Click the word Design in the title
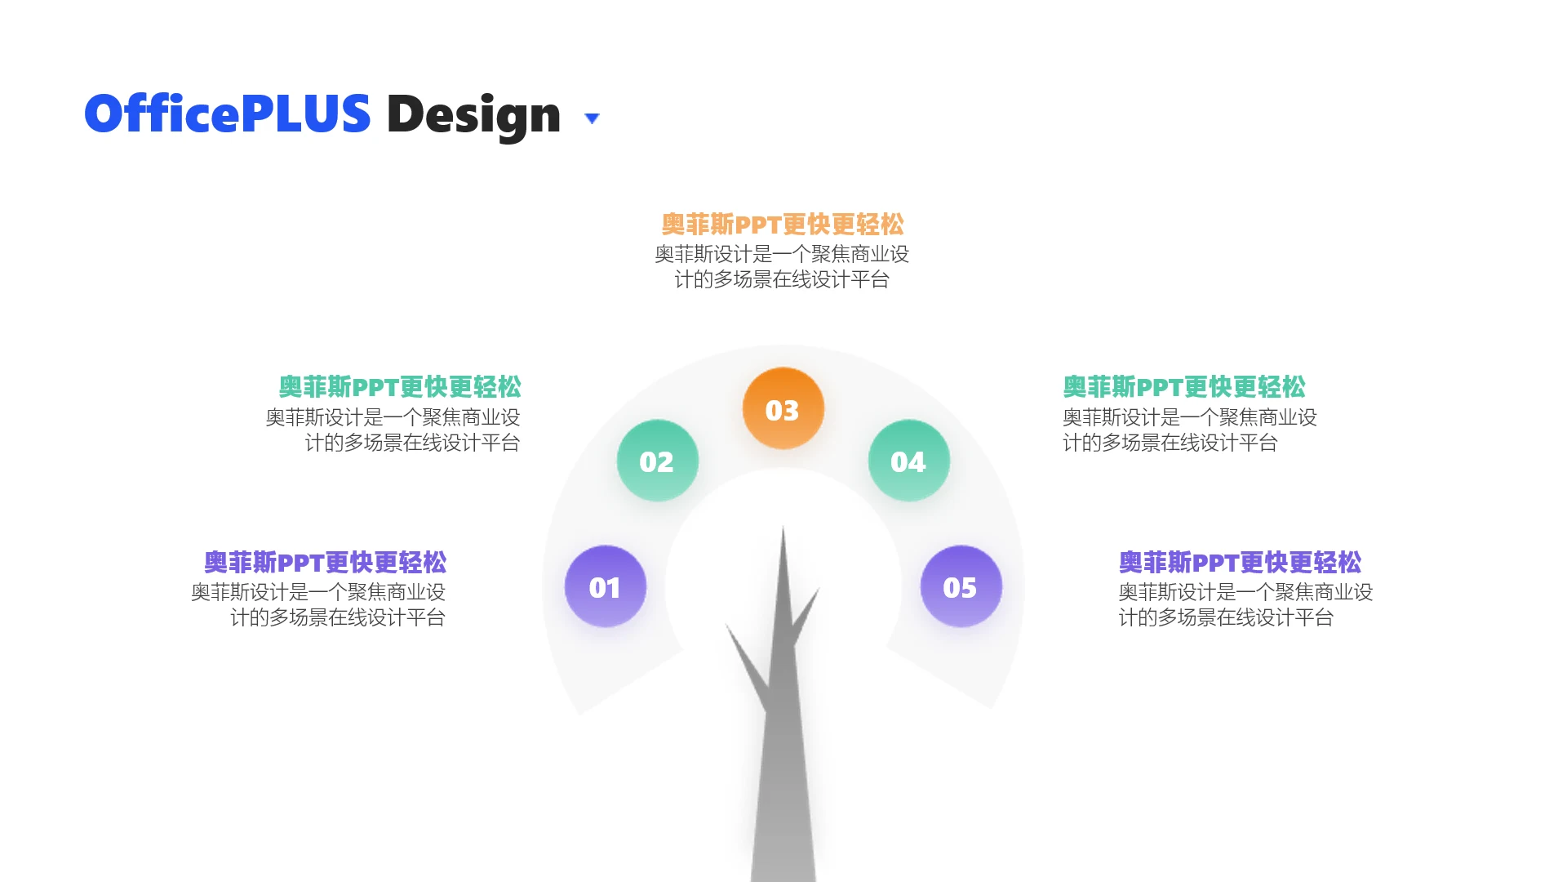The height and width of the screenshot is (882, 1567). [473, 115]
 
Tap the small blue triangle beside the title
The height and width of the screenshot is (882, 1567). [593, 118]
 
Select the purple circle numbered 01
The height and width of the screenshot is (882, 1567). [606, 586]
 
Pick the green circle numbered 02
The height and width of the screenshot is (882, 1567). [658, 461]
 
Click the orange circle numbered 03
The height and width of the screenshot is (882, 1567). [783, 408]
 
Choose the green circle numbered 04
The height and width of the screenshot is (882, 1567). [909, 461]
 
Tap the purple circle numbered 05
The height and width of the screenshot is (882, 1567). [961, 586]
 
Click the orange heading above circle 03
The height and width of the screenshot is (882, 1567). [783, 225]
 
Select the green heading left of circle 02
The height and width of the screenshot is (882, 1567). [400, 387]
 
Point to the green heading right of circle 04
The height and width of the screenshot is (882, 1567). [1184, 387]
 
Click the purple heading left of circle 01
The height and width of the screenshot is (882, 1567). [326, 563]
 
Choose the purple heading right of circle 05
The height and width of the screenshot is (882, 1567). [1240, 563]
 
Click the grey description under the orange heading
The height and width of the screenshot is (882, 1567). [782, 267]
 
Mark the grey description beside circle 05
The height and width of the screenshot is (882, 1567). [1245, 604]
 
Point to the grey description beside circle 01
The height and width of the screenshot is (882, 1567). [318, 604]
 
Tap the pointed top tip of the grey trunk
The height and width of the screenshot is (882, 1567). [783, 526]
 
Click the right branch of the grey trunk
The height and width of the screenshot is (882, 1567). [805, 617]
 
